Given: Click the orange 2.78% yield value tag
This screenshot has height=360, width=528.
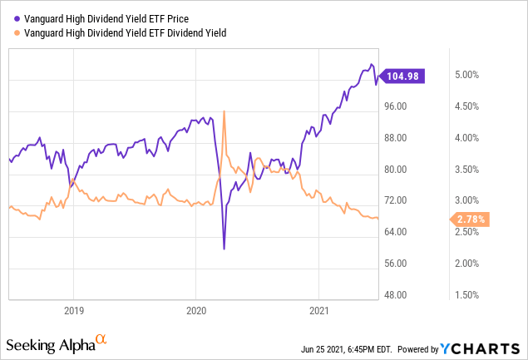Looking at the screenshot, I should [x=471, y=219].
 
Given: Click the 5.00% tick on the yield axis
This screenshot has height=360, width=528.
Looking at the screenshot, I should [x=471, y=75].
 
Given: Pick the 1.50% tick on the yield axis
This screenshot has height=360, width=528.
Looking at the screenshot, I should [x=471, y=295].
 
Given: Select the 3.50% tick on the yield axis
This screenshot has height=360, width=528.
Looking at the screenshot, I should [x=471, y=170].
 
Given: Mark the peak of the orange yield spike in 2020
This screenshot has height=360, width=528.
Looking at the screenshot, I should [x=224, y=111].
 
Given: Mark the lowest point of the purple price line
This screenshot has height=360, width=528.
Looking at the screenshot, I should [x=224, y=249].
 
